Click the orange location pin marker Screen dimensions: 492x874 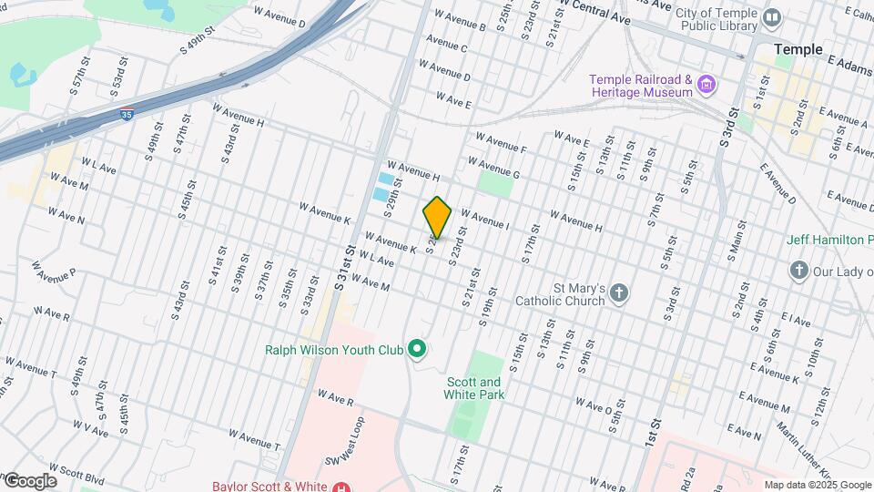tap(438, 217)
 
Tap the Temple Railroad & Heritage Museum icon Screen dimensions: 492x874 tap(706, 87)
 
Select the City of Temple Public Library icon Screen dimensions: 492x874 tap(773, 16)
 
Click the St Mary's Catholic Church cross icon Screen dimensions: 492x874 tap(619, 292)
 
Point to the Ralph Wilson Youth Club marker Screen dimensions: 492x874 tap(417, 348)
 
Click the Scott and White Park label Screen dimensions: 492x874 tap(473, 388)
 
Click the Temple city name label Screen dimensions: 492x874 tap(798, 49)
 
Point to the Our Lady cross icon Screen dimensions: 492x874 tap(798, 270)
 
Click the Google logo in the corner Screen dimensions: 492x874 tap(29, 480)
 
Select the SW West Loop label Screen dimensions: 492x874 tap(351, 441)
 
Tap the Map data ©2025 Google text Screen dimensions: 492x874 tap(817, 485)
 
